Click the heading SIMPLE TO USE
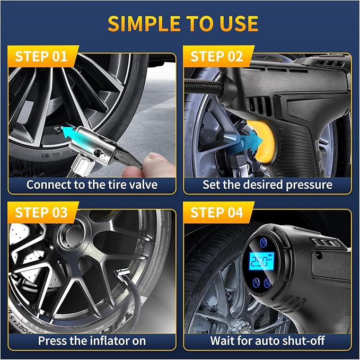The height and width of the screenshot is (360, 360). click(x=180, y=24)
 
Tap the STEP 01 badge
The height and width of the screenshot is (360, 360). click(x=41, y=57)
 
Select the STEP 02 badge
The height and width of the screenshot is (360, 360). click(x=216, y=57)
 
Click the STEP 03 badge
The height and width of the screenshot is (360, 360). click(x=41, y=213)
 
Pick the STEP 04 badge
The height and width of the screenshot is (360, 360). click(x=216, y=213)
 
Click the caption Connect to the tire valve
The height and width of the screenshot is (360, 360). click(x=92, y=185)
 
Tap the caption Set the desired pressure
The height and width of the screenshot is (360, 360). click(x=267, y=185)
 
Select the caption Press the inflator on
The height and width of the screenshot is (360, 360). click(x=92, y=340)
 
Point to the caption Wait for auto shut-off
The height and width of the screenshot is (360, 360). click(x=267, y=340)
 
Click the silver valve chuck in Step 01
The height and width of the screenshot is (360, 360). click(x=101, y=151)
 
